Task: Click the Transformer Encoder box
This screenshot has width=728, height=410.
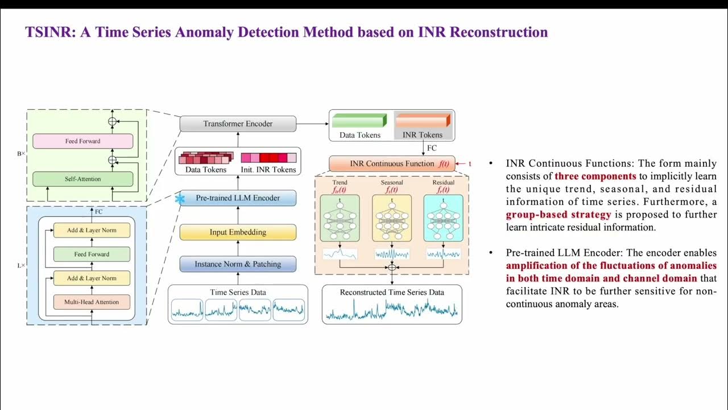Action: pyautogui.click(x=238, y=124)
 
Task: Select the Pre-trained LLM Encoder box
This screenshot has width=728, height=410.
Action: pyautogui.click(x=238, y=198)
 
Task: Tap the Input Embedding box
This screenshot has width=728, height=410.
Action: pyautogui.click(x=238, y=232)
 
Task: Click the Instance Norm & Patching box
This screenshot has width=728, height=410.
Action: pyautogui.click(x=238, y=264)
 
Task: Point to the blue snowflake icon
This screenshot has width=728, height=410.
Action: pyautogui.click(x=180, y=199)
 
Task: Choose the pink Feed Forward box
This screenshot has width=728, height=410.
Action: pyautogui.click(x=82, y=141)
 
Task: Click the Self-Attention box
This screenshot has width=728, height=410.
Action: pyautogui.click(x=82, y=179)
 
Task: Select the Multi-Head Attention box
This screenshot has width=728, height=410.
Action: pyautogui.click(x=92, y=302)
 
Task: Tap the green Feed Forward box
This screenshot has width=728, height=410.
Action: pyautogui.click(x=92, y=254)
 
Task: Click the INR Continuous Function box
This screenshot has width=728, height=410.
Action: pyautogui.click(x=392, y=163)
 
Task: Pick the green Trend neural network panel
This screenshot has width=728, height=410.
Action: pyautogui.click(x=340, y=218)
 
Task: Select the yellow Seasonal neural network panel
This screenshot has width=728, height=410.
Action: pyautogui.click(x=392, y=218)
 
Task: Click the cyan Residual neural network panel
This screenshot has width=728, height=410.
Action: pyautogui.click(x=443, y=218)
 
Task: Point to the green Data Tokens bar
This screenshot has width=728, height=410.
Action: pyautogui.click(x=359, y=121)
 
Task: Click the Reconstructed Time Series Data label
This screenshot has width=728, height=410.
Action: pyautogui.click(x=392, y=292)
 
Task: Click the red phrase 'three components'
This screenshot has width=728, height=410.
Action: pyautogui.click(x=595, y=177)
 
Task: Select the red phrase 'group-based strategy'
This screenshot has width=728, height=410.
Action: pyautogui.click(x=559, y=215)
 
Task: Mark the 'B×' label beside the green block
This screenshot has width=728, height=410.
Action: pyautogui.click(x=21, y=153)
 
